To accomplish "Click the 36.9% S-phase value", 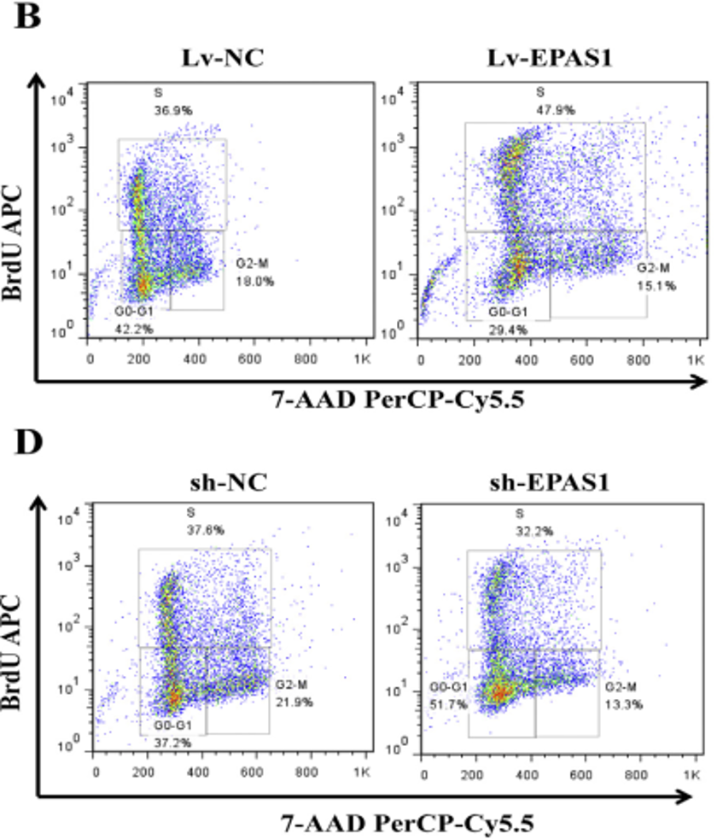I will click(x=160, y=109).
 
